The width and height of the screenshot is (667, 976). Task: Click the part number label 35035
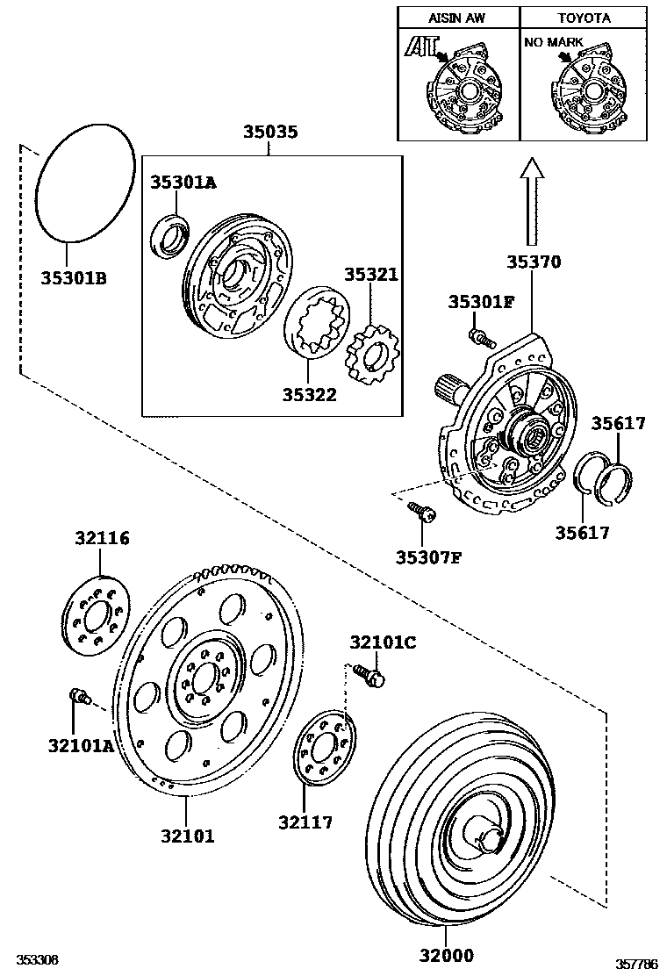click(x=270, y=133)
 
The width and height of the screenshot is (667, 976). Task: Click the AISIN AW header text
click(x=457, y=18)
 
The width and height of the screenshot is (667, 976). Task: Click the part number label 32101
click(x=186, y=836)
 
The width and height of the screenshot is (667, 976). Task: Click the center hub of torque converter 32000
click(x=484, y=834)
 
